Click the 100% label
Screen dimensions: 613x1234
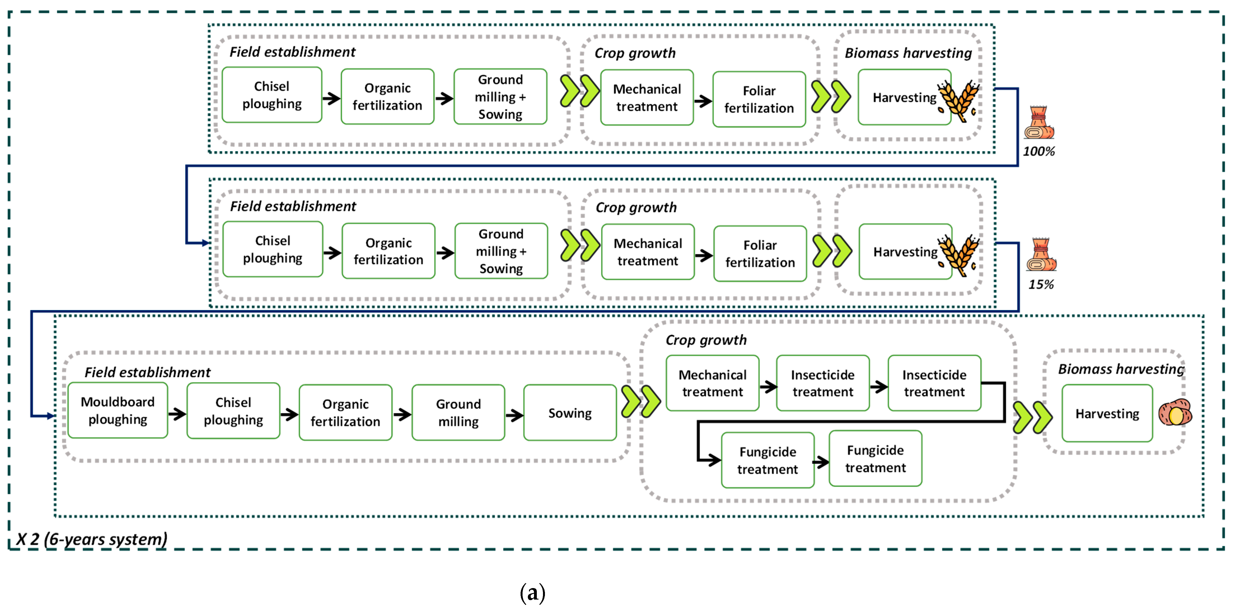coord(1039,151)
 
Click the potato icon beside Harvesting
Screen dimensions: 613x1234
coord(1175,413)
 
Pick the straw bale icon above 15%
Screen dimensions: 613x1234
coord(1041,255)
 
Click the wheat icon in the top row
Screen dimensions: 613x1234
coord(959,101)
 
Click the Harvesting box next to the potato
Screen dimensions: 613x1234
coord(1107,413)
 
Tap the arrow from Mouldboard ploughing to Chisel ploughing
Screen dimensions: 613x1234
coord(177,414)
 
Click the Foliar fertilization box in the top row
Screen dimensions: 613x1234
coord(759,99)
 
